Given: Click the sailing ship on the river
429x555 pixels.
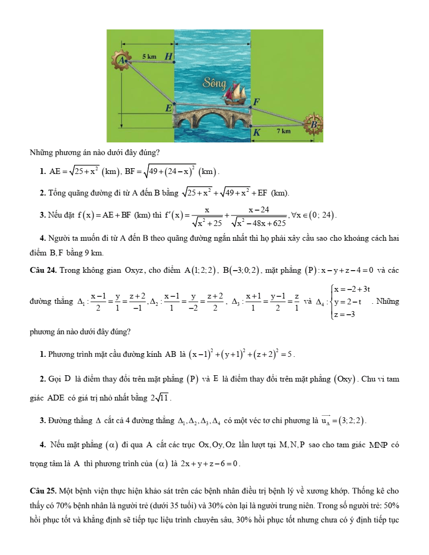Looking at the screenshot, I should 234,94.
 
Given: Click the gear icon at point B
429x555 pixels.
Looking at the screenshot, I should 314,124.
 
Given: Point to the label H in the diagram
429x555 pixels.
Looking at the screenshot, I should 168,56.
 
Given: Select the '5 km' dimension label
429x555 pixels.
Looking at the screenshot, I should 149,56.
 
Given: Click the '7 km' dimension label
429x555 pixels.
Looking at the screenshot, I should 284,131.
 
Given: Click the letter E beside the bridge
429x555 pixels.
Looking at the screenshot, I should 168,108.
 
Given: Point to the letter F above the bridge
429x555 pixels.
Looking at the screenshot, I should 257,101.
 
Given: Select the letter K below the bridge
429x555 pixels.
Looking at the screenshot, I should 257,133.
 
